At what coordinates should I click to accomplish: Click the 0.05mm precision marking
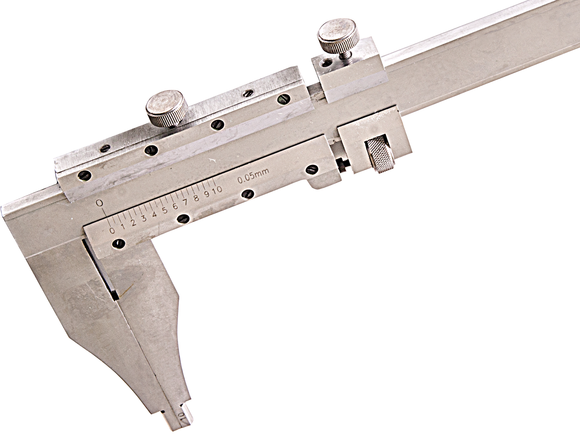[x=253, y=176]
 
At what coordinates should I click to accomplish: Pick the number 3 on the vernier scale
[x=144, y=218]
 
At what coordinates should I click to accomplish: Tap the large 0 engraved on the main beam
[x=100, y=203]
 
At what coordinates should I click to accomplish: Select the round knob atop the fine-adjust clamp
[x=338, y=36]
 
